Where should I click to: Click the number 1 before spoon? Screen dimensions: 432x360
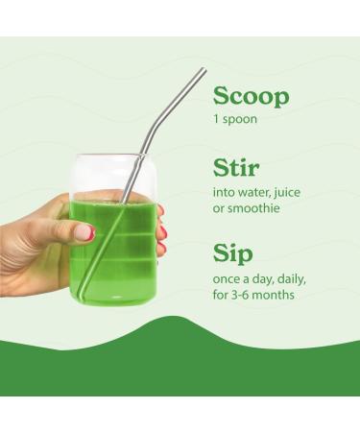point(216,122)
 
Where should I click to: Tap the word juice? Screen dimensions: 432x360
point(286,192)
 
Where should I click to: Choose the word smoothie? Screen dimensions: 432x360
point(252,207)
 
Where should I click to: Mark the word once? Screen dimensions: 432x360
point(227,278)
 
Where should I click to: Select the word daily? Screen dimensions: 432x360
point(287,278)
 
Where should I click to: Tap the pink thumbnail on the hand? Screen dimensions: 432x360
point(84,232)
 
